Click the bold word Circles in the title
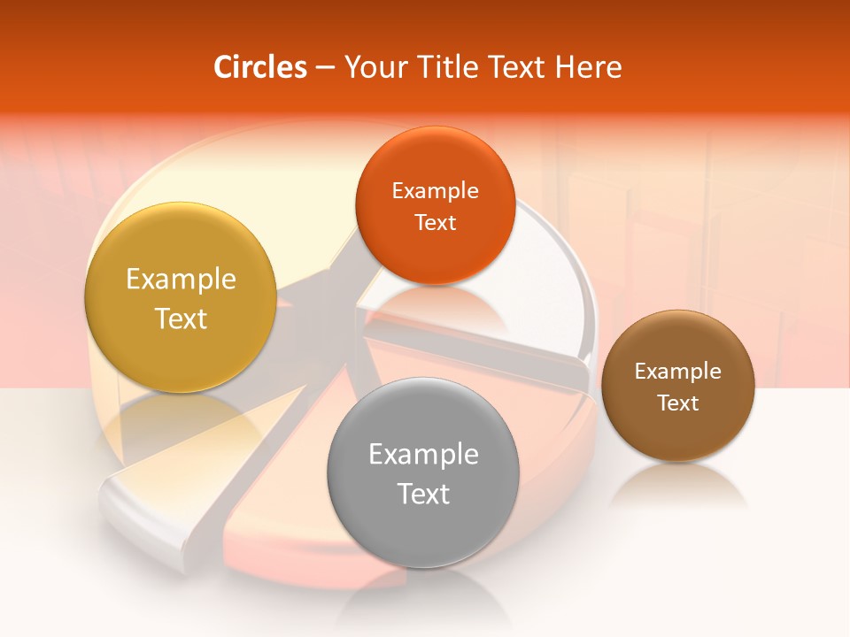[259, 67]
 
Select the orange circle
[435, 159]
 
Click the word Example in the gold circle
[181, 280]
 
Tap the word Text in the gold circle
[181, 318]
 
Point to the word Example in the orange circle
[435, 191]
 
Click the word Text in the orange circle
[435, 222]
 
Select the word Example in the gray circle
[423, 455]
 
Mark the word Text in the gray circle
[423, 494]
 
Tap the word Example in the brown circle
[678, 372]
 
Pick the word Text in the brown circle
[678, 403]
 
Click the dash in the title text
[325, 67]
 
